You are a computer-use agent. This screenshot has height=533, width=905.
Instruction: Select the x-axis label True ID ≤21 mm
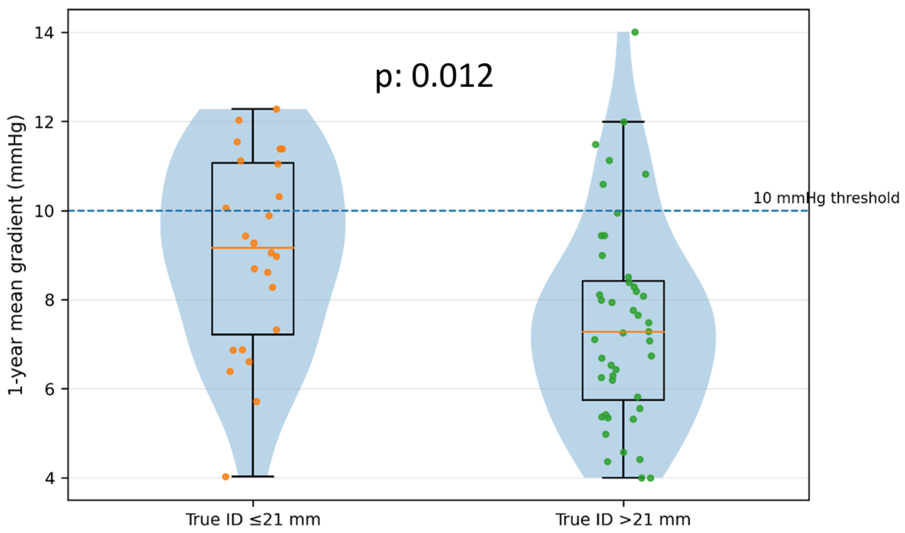pos(253,519)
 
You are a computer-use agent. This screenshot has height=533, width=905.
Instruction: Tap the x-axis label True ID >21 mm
pos(623,519)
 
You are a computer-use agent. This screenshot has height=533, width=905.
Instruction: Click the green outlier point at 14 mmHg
pos(635,32)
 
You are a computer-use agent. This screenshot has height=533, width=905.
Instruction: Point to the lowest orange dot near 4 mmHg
pos(225,477)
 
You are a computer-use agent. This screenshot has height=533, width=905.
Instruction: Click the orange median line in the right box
pos(623,332)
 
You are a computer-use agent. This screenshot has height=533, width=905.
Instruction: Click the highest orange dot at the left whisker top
pos(276,109)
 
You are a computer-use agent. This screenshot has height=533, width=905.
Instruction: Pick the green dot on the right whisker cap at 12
pos(624,122)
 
